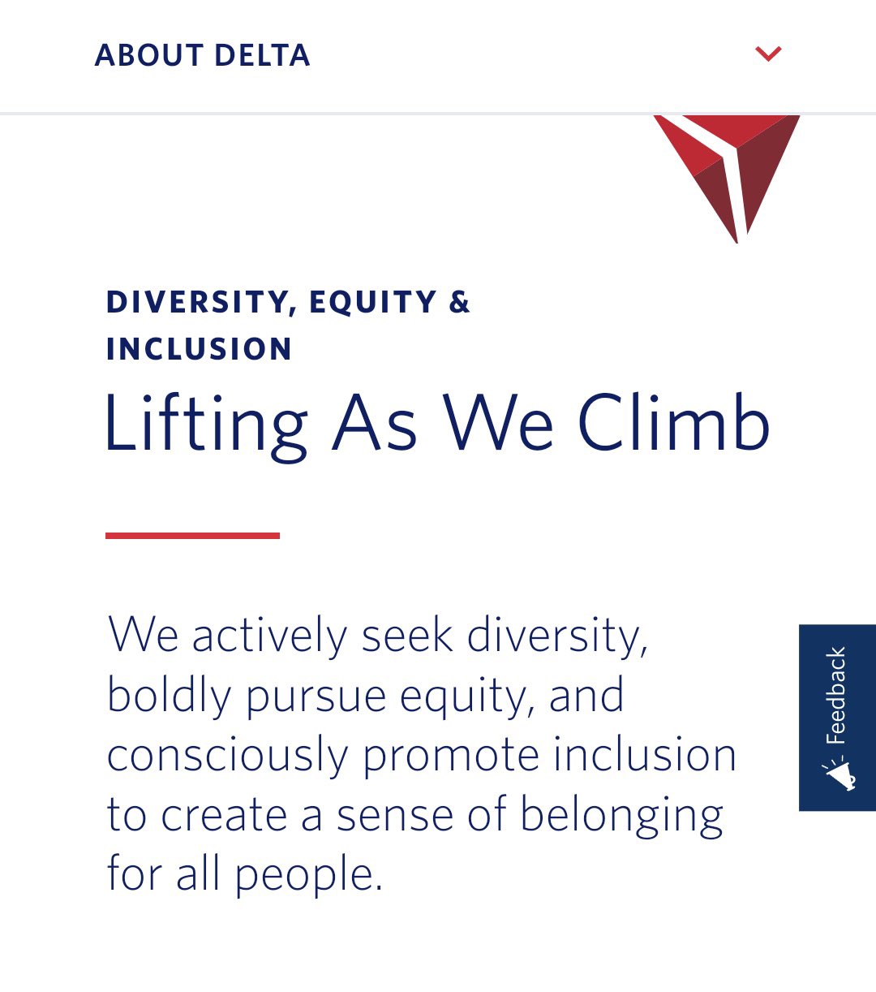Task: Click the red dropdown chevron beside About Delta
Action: pyautogui.click(x=768, y=54)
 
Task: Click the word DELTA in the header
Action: pyautogui.click(x=262, y=55)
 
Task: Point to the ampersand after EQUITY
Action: pyautogui.click(x=459, y=301)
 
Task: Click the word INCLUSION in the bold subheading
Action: pyautogui.click(x=199, y=348)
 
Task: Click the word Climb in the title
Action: pyautogui.click(x=674, y=421)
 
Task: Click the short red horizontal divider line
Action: pyautogui.click(x=192, y=536)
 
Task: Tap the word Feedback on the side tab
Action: pyautogui.click(x=836, y=696)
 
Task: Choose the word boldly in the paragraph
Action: pyautogui.click(x=170, y=696)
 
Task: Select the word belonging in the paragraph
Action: pyautogui.click(x=621, y=816)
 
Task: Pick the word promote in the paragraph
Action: pyautogui.click(x=451, y=757)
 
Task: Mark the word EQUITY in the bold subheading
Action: pyautogui.click(x=373, y=302)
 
